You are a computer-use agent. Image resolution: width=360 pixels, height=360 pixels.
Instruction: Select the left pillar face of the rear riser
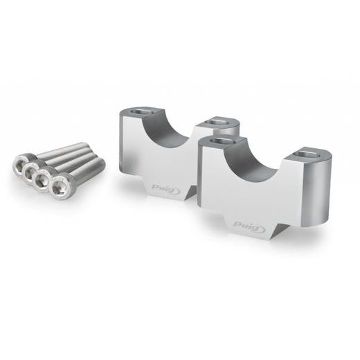(x=133, y=149)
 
